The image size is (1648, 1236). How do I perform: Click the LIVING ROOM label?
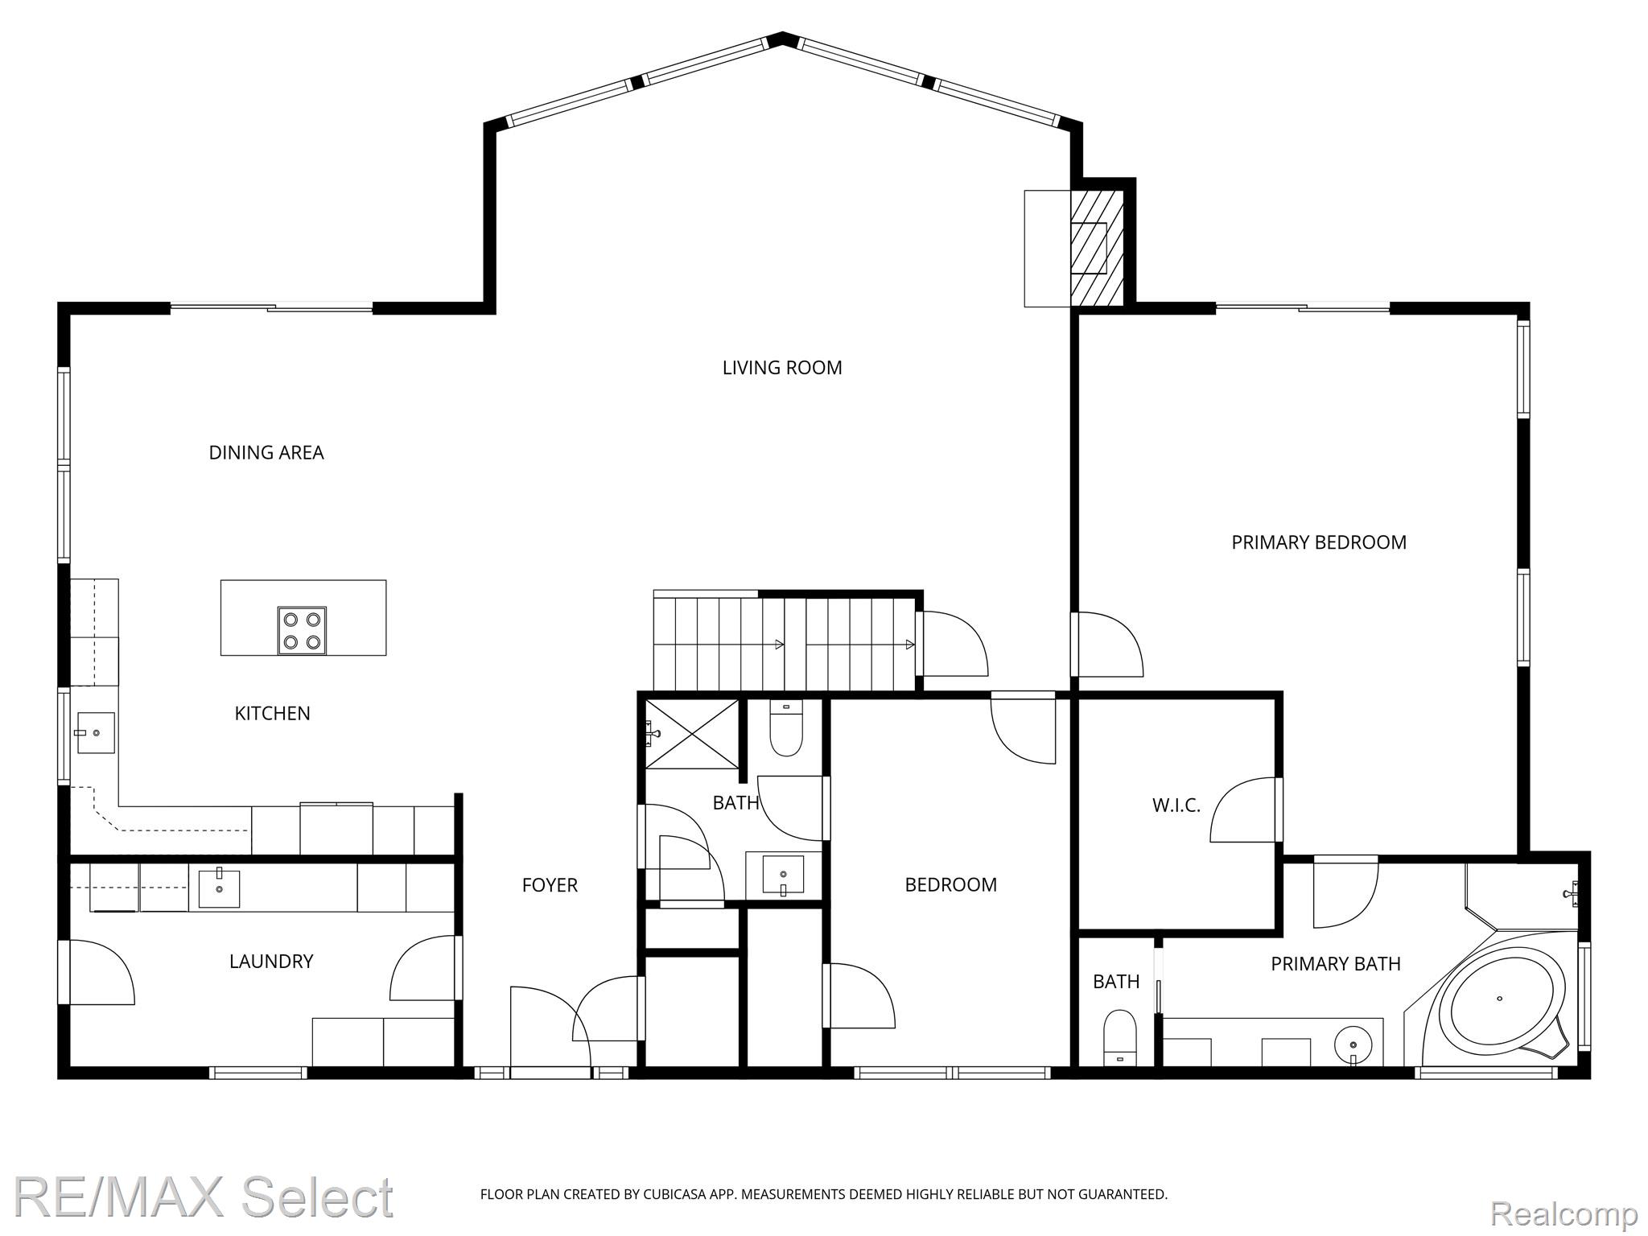(781, 368)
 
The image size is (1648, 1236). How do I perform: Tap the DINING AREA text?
(266, 453)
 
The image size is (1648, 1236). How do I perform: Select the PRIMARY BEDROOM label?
(1319, 542)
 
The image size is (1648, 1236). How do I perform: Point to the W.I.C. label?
(1176, 805)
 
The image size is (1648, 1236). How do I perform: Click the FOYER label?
(550, 885)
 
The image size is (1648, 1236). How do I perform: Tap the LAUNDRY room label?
(271, 961)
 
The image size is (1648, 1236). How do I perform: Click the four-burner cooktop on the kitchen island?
(303, 631)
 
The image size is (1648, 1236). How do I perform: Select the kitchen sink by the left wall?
(95, 733)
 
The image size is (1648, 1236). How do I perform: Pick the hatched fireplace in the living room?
(1096, 248)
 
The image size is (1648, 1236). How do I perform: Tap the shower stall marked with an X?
(692, 734)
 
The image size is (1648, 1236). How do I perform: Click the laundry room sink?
(219, 888)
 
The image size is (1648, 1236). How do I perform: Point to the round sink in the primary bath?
(1353, 1046)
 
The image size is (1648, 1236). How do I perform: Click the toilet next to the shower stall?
(785, 730)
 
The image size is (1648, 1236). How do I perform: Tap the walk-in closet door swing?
(1243, 810)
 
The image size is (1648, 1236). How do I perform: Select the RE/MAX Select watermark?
(204, 1198)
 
